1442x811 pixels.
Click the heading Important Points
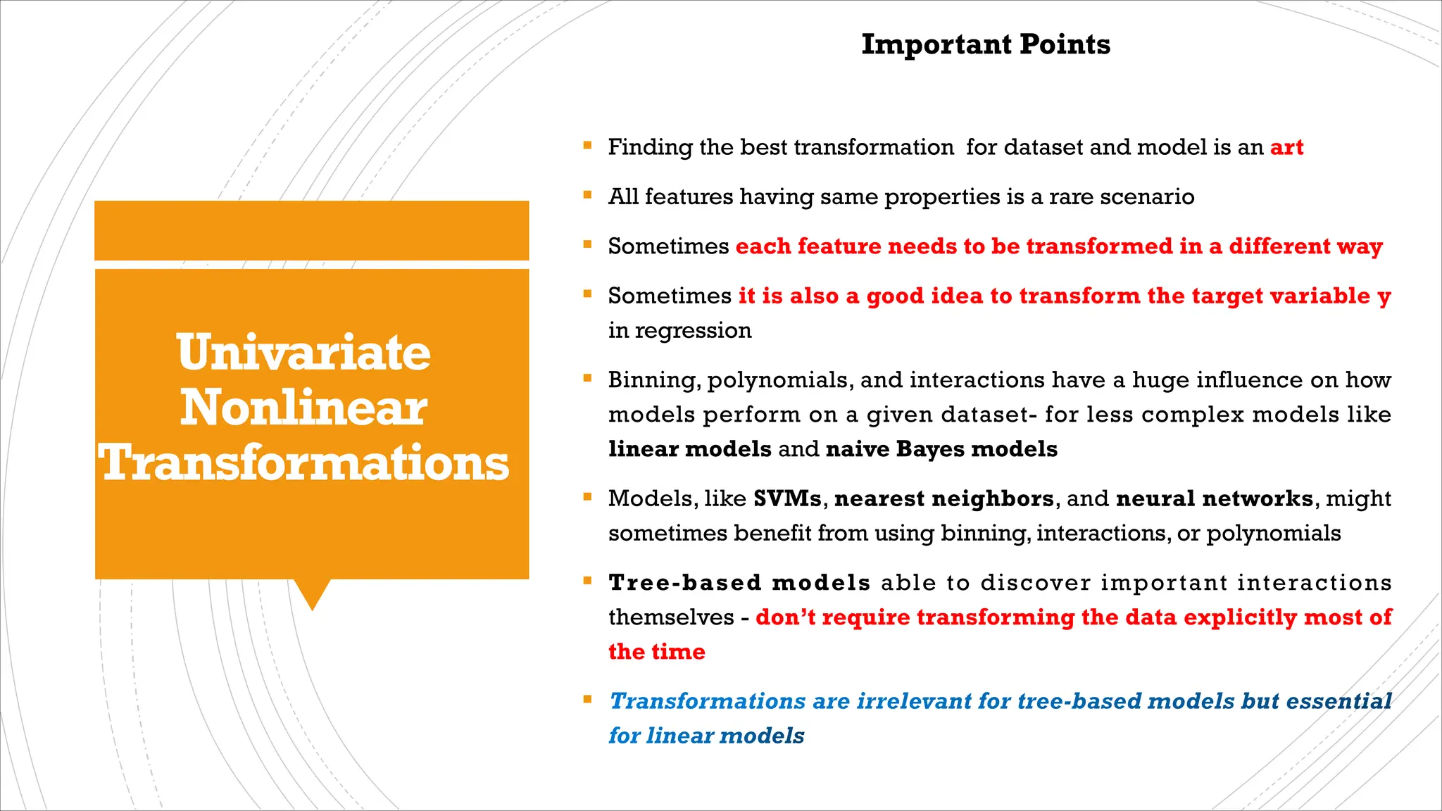986,44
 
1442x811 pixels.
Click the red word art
1286,147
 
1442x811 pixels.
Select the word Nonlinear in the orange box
303,408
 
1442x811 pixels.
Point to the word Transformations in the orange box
303,463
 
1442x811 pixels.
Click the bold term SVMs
787,498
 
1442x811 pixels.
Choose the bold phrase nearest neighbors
943,498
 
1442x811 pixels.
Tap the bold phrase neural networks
1215,498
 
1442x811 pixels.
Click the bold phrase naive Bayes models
941,449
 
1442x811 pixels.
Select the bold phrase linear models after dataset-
690,449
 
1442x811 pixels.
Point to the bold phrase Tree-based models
739,583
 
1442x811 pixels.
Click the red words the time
656,652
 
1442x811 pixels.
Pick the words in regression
679,330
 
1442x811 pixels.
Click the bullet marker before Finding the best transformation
587,146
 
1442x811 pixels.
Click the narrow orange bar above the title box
311,230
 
